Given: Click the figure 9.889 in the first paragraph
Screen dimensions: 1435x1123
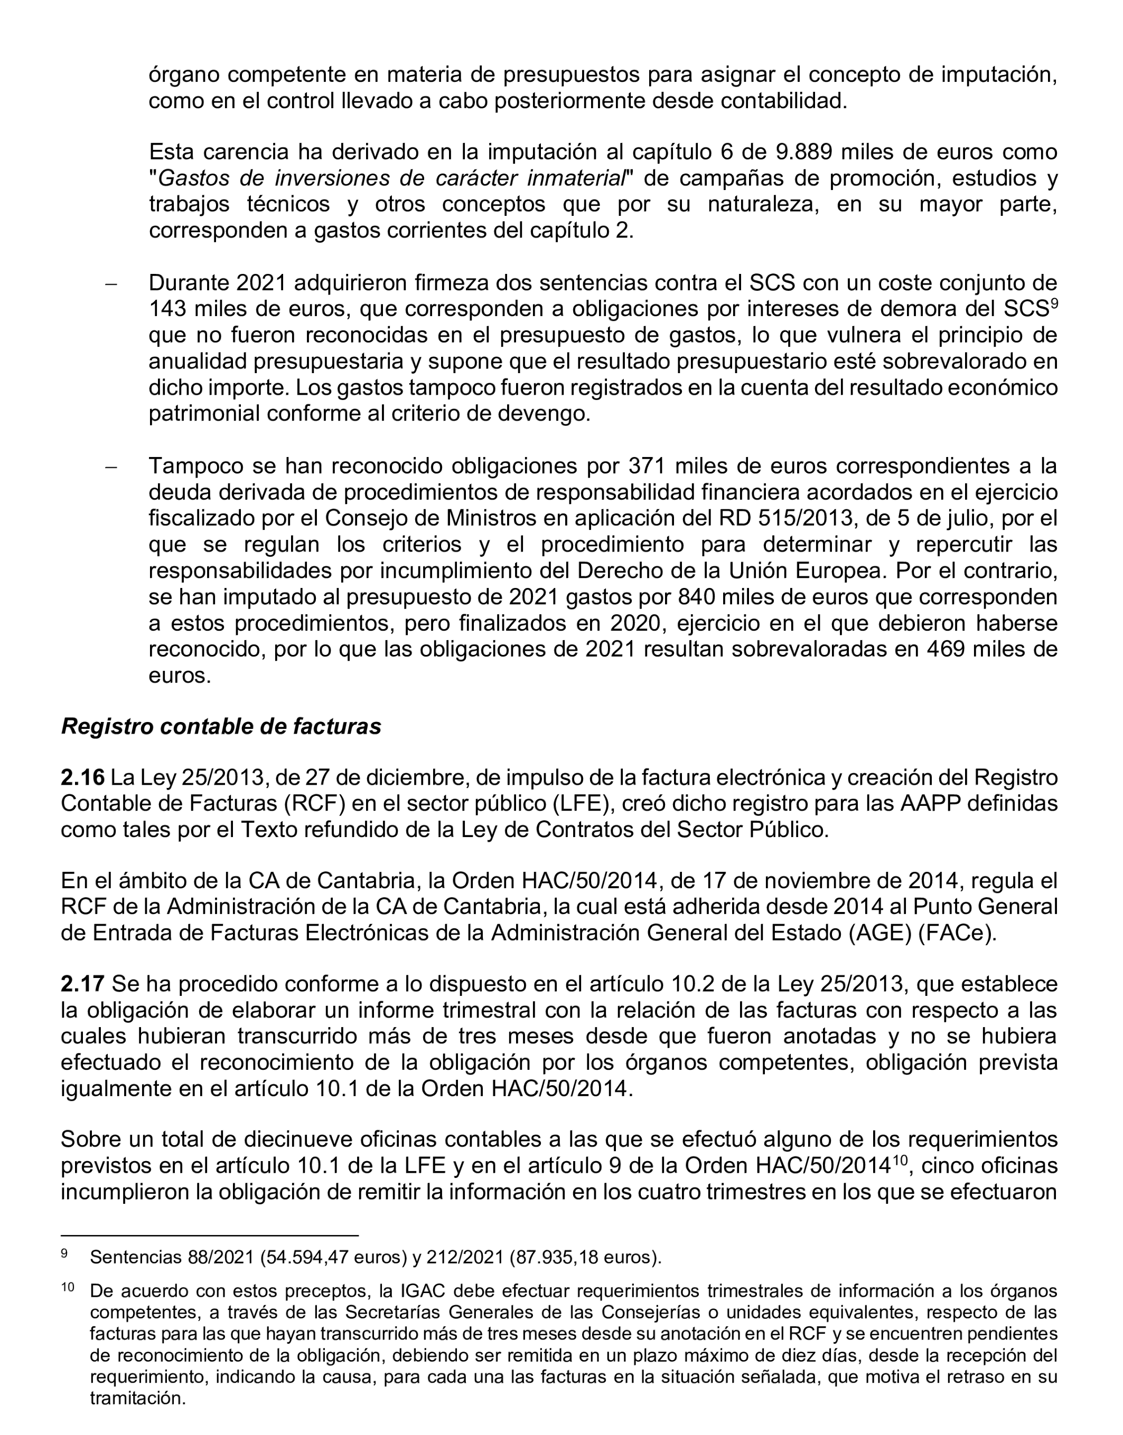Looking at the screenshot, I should click(804, 152).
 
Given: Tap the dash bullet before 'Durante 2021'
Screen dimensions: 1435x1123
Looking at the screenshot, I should click(111, 284).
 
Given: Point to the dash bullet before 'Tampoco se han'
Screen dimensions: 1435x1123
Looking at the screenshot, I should click(111, 467).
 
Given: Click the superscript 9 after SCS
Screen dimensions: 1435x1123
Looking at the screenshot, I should click(1053, 303).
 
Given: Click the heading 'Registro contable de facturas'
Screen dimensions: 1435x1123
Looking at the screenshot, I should click(221, 726).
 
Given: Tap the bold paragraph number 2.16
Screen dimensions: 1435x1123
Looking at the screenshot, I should click(82, 777).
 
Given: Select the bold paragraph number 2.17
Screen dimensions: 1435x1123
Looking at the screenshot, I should click(82, 984).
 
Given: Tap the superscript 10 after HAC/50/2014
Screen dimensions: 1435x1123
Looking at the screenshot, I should click(900, 1160).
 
